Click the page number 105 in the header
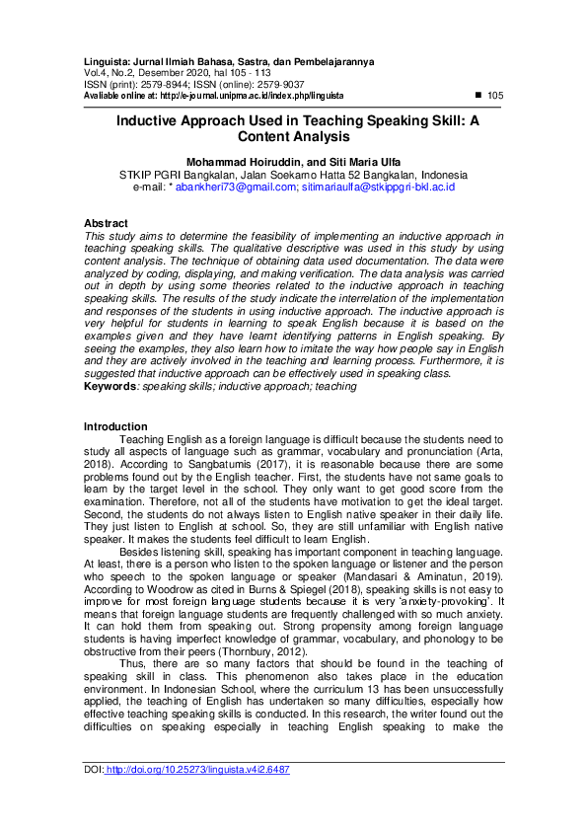495,96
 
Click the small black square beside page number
478,96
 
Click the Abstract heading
106,224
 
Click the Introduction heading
115,426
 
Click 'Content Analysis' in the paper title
293,138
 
